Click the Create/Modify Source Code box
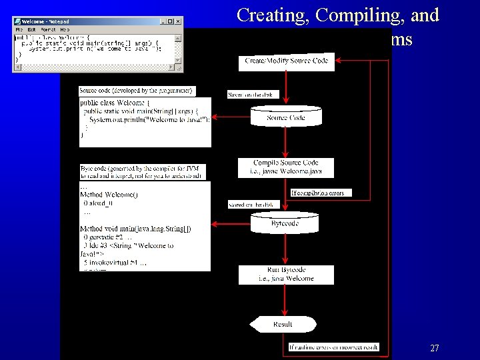pos(286,61)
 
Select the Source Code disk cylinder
pos(285,117)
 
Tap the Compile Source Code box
pos(286,167)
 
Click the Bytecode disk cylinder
pos(285,223)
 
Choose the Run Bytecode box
pos(286,275)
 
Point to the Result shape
pos(282,325)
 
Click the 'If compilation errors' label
pos(321,193)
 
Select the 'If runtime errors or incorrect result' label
pos(333,347)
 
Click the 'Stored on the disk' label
pos(250,204)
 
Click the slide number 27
pos(434,348)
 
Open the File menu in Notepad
pos(20,30)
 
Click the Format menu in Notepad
pos(47,30)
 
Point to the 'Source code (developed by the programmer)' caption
pos(136,91)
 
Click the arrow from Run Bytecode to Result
pos(285,300)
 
